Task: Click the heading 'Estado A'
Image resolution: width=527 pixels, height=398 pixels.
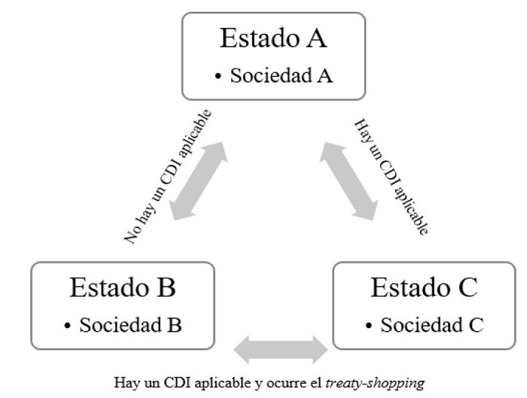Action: [x=273, y=38]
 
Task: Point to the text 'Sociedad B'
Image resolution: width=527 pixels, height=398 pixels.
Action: [x=129, y=326]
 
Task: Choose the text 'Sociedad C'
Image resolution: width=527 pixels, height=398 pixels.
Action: [x=431, y=326]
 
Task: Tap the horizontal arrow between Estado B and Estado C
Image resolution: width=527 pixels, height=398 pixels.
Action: [x=281, y=348]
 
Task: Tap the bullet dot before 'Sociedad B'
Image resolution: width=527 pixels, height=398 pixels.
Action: [x=68, y=327]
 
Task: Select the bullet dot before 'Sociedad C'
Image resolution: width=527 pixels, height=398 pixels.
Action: [x=369, y=327]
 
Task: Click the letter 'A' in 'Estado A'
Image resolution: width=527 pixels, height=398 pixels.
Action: [x=315, y=38]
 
